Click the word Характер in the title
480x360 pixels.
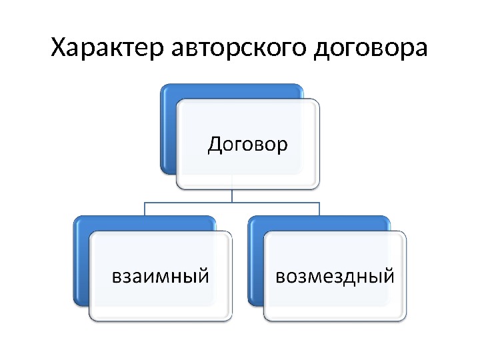click(108, 49)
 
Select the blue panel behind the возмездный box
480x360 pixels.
click(255, 260)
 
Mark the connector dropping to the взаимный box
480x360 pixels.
click(145, 209)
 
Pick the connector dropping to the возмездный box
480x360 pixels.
click(320, 209)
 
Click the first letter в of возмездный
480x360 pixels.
click(281, 275)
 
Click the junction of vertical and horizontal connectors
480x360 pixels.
click(233, 202)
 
